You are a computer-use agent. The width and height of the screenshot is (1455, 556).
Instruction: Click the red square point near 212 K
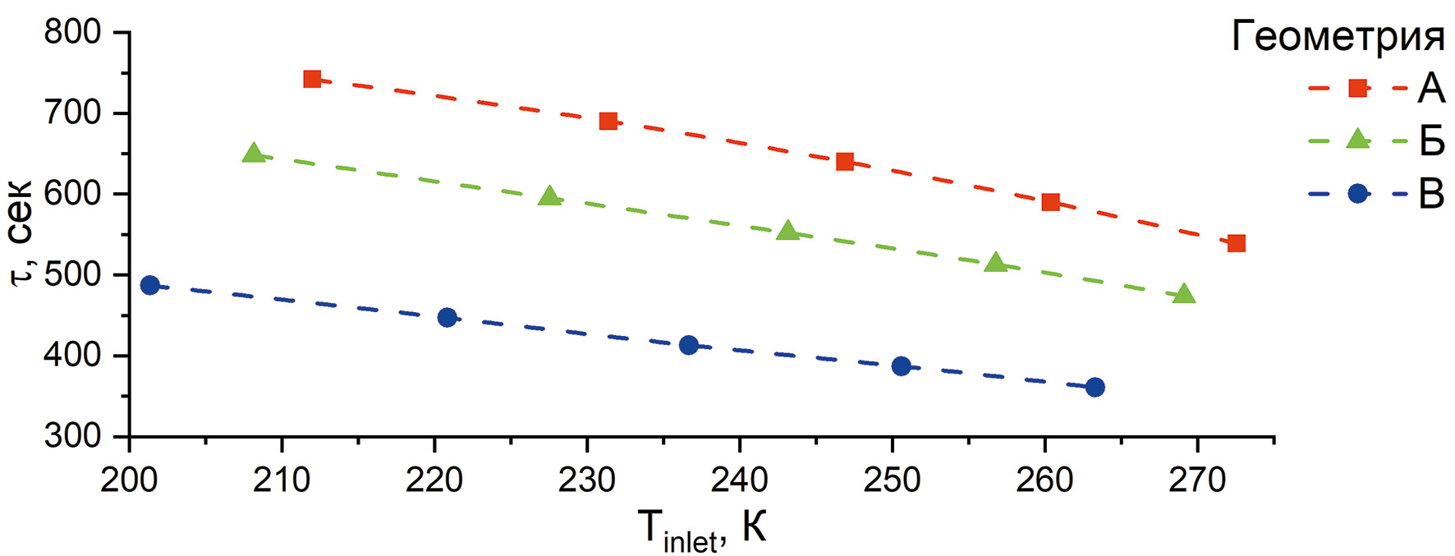(312, 79)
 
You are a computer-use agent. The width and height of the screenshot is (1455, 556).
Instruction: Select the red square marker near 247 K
(845, 161)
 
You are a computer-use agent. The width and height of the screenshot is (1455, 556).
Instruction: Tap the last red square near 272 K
(1237, 243)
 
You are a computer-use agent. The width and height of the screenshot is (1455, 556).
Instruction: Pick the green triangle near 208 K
(254, 153)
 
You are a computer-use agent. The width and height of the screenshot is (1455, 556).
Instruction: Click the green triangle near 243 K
(788, 231)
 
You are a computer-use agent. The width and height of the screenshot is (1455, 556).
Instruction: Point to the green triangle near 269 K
(1184, 294)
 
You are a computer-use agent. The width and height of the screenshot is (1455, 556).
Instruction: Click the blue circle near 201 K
(149, 285)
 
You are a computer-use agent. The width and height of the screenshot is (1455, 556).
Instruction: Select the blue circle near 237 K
(689, 345)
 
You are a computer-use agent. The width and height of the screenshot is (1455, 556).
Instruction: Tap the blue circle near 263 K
(1095, 387)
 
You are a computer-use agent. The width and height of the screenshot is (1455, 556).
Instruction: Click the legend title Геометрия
(1338, 37)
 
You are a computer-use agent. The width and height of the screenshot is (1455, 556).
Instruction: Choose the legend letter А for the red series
(1430, 88)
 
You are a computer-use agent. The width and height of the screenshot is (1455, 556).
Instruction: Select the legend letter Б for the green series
(1431, 140)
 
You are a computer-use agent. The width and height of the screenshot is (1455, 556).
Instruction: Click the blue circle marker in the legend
(1358, 194)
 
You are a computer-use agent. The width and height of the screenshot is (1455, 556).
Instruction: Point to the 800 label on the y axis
(73, 33)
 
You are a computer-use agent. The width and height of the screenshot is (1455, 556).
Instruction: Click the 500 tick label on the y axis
(73, 275)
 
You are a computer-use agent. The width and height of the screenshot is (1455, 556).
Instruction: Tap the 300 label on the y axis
(73, 436)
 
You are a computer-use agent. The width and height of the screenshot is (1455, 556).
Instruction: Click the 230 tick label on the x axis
(587, 480)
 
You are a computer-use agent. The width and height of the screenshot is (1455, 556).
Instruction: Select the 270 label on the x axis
(1197, 480)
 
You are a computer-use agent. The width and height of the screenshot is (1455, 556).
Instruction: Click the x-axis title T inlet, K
(702, 528)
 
